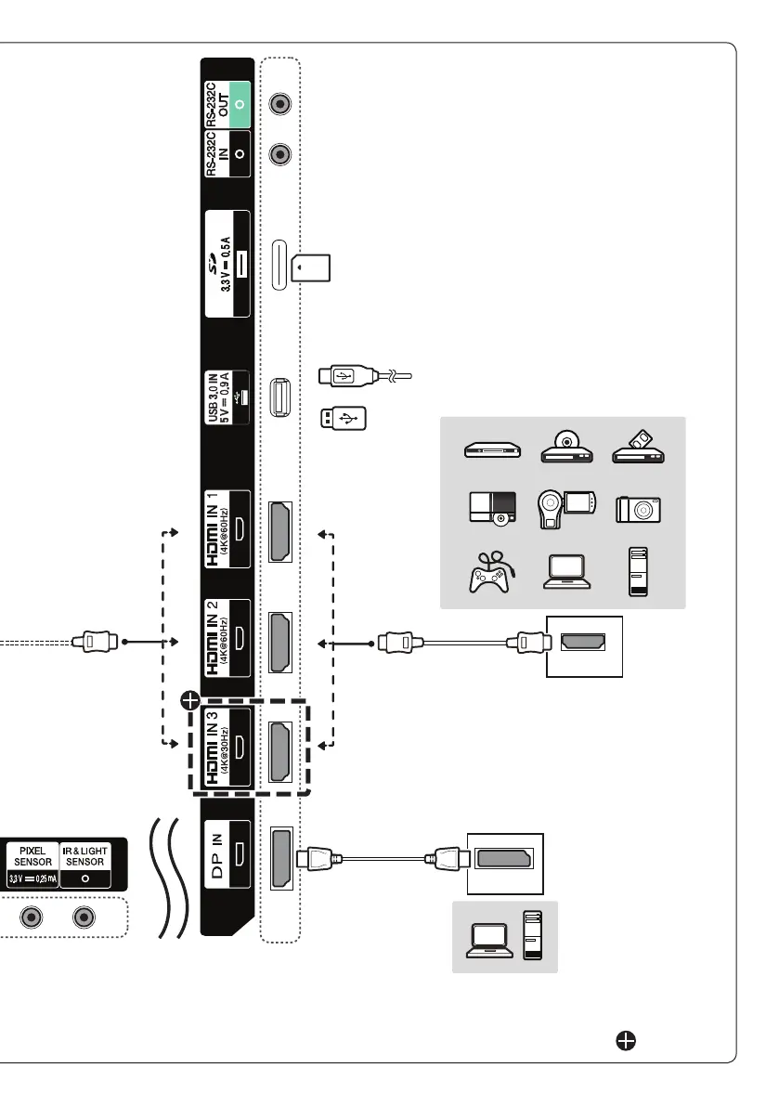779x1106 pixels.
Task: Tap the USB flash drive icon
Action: point(343,419)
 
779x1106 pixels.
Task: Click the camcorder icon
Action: point(561,507)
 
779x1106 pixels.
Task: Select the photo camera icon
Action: point(638,509)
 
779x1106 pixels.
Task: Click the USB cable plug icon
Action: point(347,376)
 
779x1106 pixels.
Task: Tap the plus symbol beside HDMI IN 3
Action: point(189,698)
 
